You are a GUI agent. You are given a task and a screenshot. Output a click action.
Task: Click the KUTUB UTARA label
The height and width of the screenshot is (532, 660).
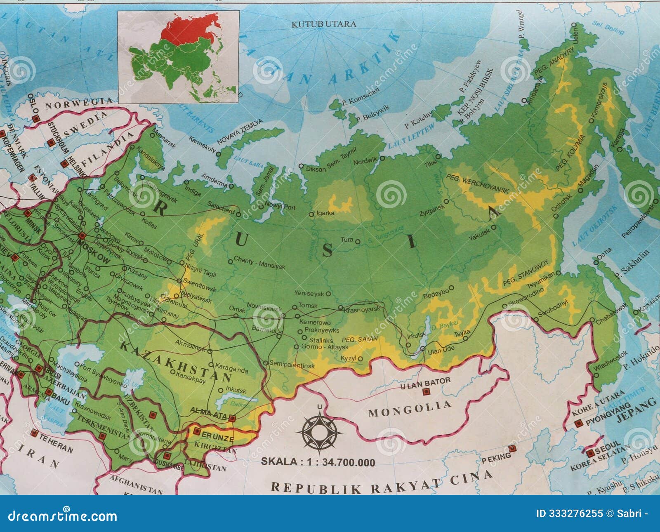(323, 24)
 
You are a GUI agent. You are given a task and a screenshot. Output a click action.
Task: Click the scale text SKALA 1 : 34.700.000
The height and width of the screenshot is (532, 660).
(318, 462)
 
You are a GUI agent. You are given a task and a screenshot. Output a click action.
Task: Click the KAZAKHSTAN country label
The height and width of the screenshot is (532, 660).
(175, 360)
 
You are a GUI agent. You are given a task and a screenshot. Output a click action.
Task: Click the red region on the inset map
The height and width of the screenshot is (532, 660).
(190, 29)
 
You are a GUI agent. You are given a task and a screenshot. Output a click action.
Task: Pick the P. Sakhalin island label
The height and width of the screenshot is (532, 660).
(631, 264)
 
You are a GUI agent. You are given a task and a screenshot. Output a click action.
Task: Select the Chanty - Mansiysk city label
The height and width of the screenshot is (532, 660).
(259, 263)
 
